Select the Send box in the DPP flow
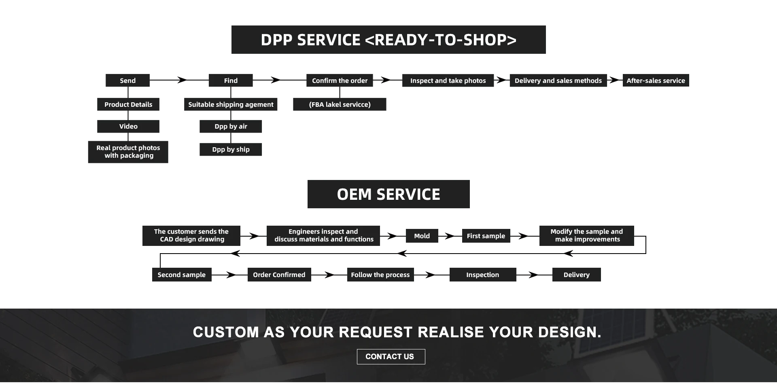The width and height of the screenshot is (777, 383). (127, 80)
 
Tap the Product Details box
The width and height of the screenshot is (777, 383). (128, 104)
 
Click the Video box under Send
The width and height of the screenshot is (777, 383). (128, 127)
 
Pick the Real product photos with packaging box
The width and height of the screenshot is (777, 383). (128, 152)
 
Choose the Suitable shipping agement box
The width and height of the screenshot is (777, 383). (231, 104)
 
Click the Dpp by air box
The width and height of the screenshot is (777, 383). (231, 127)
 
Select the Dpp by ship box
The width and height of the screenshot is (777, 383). (231, 150)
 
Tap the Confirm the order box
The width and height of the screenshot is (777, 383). (340, 80)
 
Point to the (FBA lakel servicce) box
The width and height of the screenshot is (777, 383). (340, 104)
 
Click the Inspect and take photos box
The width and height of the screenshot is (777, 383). (448, 80)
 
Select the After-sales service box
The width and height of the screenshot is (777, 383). (656, 80)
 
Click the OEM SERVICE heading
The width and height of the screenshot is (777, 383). (388, 194)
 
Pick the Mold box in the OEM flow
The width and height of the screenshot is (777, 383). (422, 236)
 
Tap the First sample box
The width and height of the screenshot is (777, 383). (486, 236)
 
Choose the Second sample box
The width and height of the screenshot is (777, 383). (181, 275)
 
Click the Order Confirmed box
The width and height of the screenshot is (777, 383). (279, 275)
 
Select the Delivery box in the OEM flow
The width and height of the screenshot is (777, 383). (576, 275)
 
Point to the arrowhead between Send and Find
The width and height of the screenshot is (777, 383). (183, 80)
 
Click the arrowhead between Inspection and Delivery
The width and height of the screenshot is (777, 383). (534, 275)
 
